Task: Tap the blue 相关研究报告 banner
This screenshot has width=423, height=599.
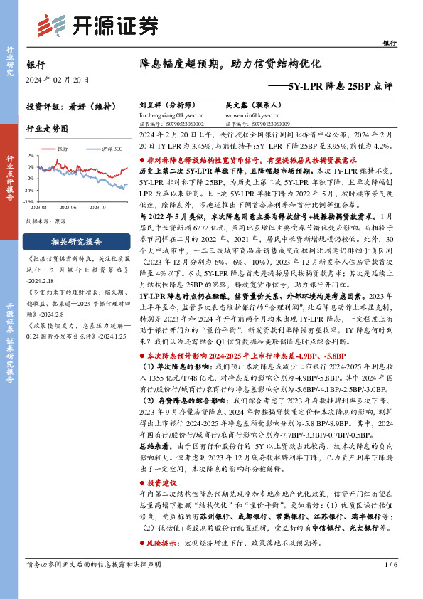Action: coord(68,241)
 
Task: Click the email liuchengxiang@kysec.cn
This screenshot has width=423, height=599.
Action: coord(171,113)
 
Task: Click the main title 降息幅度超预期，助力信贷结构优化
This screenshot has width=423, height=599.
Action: coord(231,63)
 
